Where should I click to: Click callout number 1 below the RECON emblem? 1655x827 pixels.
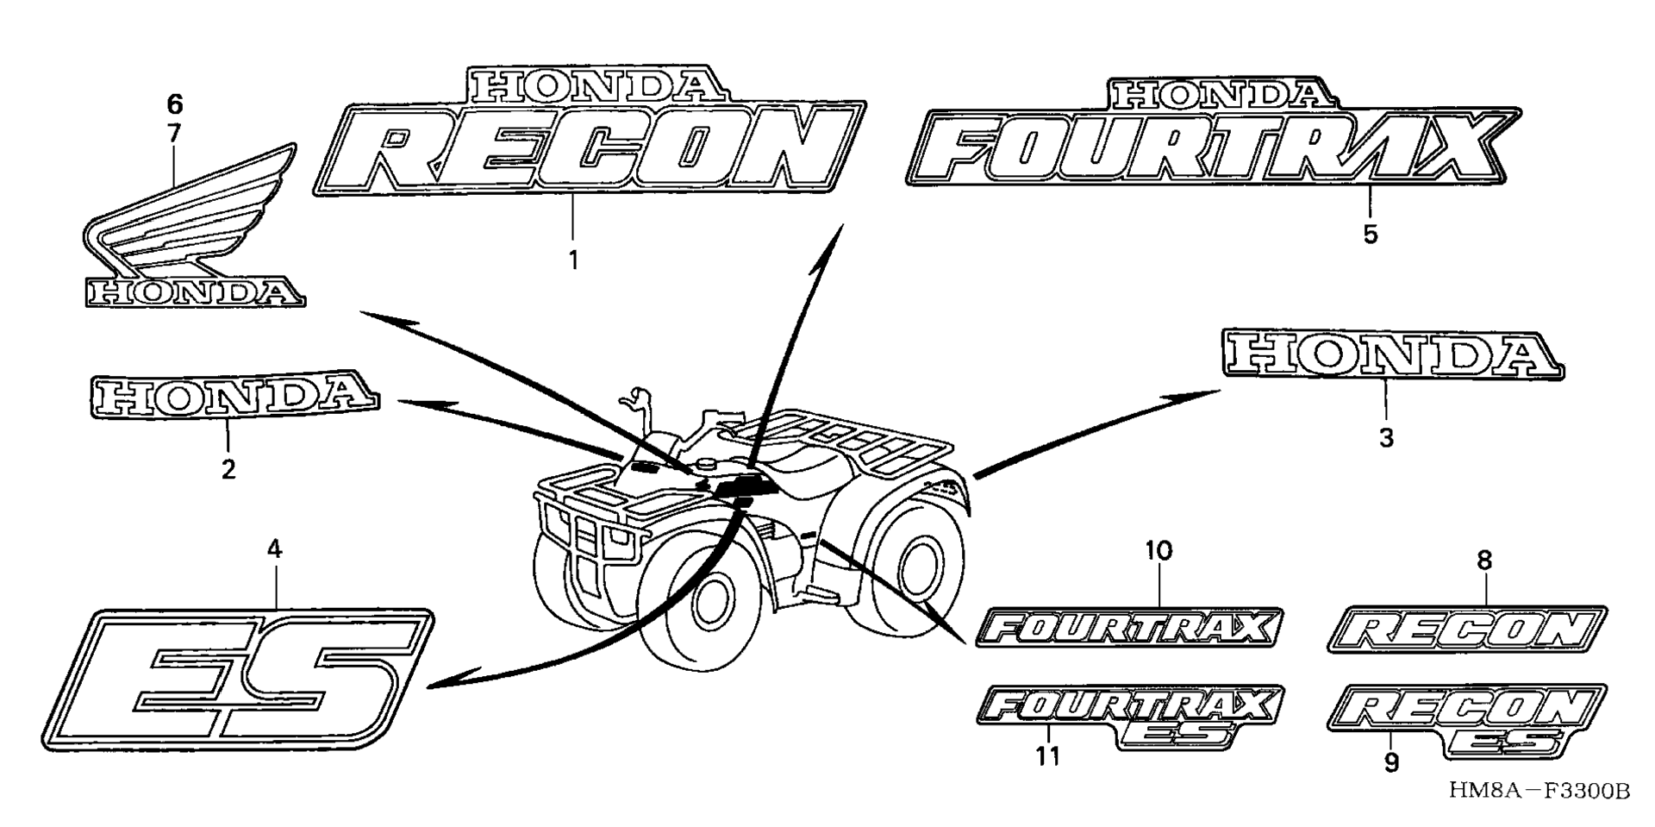point(573,260)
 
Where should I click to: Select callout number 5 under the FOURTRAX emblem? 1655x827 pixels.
point(1371,234)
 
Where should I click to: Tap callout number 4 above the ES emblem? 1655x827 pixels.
point(274,549)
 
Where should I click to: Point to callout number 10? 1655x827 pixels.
point(1158,549)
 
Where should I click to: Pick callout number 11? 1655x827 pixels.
point(1047,756)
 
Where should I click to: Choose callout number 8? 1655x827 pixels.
point(1483,561)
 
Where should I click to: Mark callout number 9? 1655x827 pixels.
point(1390,763)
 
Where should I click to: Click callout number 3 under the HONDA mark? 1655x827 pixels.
point(1385,438)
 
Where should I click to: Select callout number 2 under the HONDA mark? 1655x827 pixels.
point(228,470)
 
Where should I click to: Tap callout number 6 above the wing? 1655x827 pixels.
point(174,105)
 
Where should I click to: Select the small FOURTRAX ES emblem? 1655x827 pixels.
point(1129,717)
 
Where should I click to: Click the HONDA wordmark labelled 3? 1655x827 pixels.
point(1393,354)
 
